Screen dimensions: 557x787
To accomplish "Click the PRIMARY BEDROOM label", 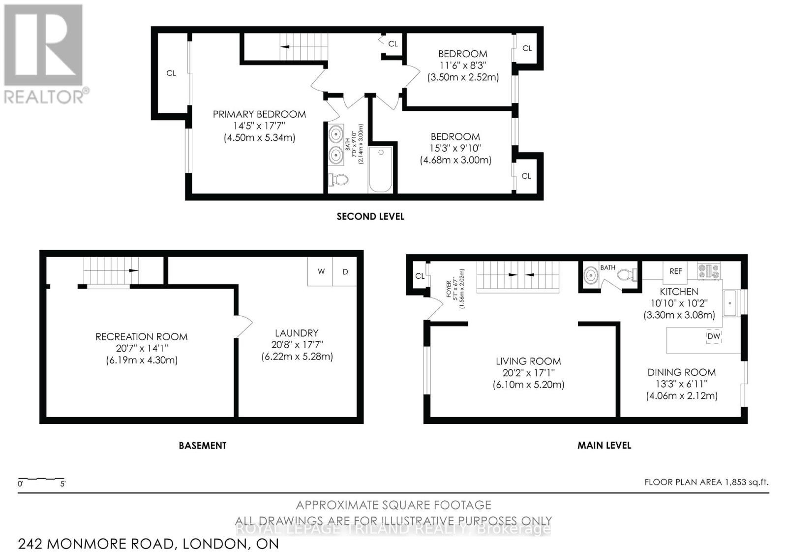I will (x=259, y=114).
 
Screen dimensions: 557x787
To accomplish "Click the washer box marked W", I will (x=321, y=271).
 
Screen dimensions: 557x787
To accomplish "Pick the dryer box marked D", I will (x=345, y=271).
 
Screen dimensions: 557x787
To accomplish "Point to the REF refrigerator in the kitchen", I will (x=675, y=271).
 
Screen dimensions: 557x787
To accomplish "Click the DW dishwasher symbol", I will (x=713, y=336).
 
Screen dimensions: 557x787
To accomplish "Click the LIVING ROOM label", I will (x=528, y=361).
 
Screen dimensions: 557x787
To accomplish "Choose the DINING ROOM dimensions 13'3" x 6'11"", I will (x=681, y=384).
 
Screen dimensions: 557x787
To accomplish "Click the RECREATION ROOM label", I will (x=141, y=337).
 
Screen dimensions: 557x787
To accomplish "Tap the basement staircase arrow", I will (x=133, y=270).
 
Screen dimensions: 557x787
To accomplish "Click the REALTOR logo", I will (x=44, y=54).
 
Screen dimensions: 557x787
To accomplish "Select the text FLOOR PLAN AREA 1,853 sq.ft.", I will (x=706, y=482).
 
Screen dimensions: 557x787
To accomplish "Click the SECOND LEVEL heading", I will (x=370, y=216).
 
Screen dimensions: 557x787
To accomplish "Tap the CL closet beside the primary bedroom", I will (x=171, y=73).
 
